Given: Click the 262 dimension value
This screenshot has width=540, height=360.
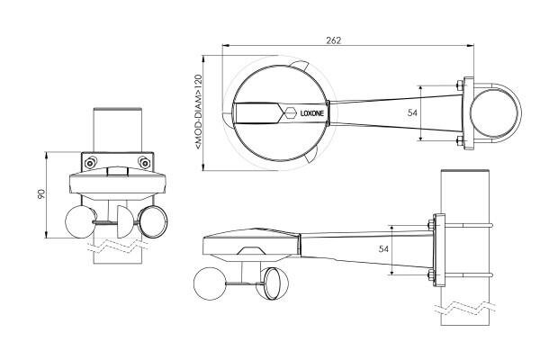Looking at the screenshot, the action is tap(333, 40).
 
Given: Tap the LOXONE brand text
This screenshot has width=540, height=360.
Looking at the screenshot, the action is tap(312, 113).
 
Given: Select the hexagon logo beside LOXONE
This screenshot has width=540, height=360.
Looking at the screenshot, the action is tap(290, 112).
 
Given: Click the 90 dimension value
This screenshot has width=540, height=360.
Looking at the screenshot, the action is tap(41, 194).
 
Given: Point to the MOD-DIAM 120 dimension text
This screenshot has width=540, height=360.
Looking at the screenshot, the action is tap(198, 112).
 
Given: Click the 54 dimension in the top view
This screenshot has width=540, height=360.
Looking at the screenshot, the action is tap(412, 112).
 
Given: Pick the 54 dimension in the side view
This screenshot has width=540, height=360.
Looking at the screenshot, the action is tap(383, 248).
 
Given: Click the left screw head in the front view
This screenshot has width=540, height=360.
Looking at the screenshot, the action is tap(90, 162).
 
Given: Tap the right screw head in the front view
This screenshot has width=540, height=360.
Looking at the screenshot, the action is tap(144, 162).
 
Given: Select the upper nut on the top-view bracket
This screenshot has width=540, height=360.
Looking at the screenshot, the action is tap(459, 85).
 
